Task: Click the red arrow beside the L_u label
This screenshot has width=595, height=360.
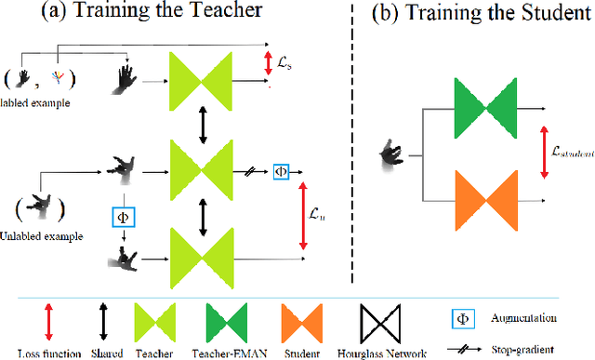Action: click(x=302, y=215)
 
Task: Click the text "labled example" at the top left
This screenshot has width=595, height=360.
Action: click(x=35, y=102)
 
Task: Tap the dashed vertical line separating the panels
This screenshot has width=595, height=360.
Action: click(x=354, y=140)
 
